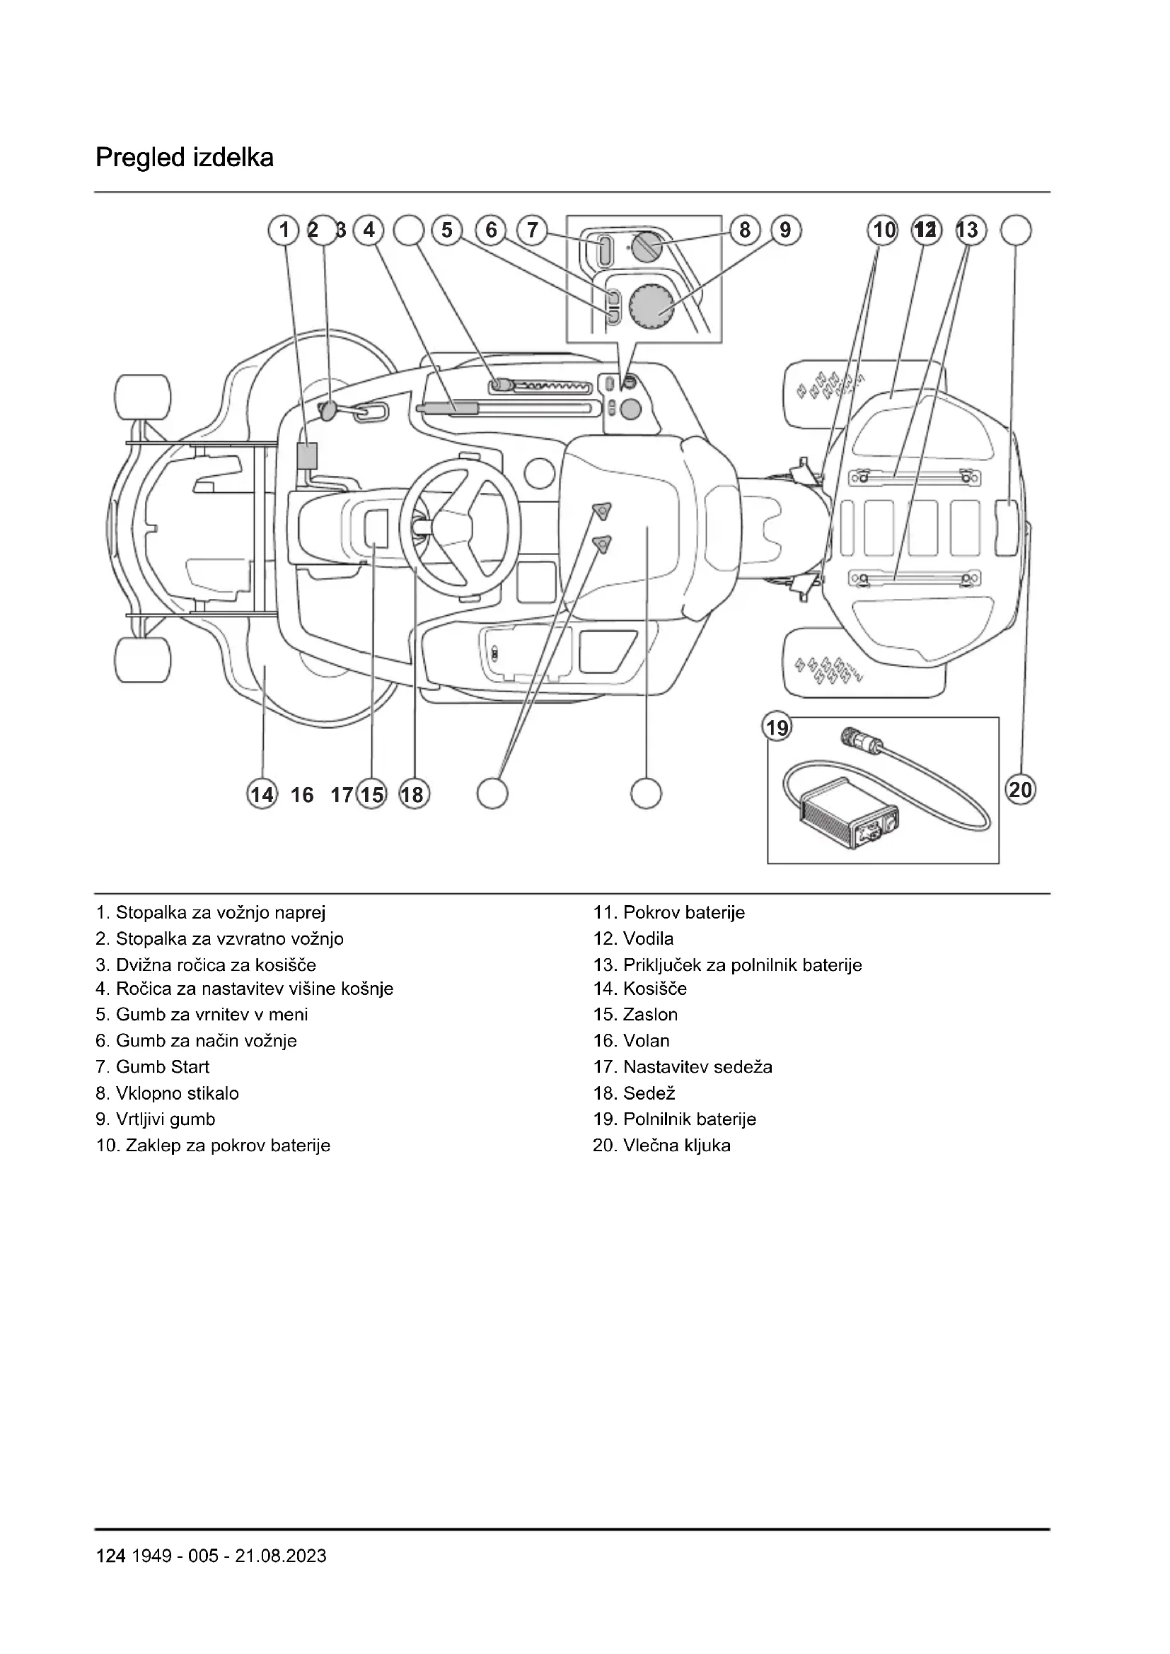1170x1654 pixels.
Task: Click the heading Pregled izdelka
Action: tap(185, 158)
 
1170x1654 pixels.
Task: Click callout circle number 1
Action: tap(284, 230)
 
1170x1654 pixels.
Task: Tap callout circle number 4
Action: tap(369, 230)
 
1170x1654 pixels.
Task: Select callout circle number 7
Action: tap(533, 230)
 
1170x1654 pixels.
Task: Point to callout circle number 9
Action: tap(785, 230)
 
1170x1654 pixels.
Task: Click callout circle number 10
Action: tap(884, 230)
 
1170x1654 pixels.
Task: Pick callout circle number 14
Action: tap(262, 794)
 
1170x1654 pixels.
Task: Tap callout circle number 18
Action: tap(414, 794)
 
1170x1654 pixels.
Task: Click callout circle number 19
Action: tap(777, 728)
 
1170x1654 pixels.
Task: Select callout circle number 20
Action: tap(1020, 791)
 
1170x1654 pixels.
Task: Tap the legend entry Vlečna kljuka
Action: tap(661, 1146)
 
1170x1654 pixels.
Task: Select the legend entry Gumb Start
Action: tap(153, 1067)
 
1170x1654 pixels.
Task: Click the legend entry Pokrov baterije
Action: tap(669, 913)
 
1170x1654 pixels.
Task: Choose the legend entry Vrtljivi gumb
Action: tap(156, 1119)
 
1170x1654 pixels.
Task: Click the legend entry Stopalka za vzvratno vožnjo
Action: tap(220, 938)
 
